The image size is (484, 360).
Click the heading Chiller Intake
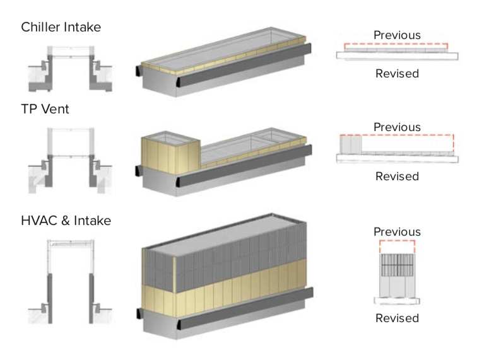click(61, 27)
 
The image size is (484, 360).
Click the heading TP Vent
click(45, 108)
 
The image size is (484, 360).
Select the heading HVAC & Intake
click(66, 220)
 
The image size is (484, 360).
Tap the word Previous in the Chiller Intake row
click(397, 35)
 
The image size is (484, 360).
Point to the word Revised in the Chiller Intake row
click(397, 73)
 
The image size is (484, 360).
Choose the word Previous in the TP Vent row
click(397, 127)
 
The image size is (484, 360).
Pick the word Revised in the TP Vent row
click(397, 176)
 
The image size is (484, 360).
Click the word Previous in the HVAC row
click(397, 231)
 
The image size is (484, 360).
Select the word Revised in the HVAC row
click(397, 318)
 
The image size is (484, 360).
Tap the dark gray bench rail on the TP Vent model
click(246, 166)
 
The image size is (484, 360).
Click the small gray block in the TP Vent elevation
click(351, 144)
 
